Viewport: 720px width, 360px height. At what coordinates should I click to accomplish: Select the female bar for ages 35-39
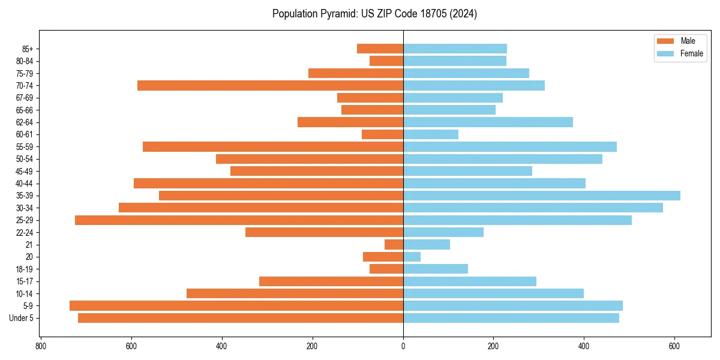coord(541,196)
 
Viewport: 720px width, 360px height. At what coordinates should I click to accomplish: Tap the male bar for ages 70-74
coord(270,86)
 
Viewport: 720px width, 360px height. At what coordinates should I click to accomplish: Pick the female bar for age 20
coord(412,257)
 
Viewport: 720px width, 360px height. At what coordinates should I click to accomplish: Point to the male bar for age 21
coord(394,245)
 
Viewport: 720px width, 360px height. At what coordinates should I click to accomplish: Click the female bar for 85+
coord(455,49)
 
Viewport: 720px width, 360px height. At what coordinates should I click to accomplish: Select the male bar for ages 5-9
coord(236,306)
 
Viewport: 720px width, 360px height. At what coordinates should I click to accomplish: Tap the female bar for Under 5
coord(511,318)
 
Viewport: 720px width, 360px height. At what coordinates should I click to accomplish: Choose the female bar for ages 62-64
coord(488,122)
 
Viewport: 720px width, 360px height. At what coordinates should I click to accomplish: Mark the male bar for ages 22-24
coord(324,232)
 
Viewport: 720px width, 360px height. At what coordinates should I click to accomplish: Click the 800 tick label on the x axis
coord(41,346)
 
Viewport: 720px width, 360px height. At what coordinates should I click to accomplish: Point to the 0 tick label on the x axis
coord(403,346)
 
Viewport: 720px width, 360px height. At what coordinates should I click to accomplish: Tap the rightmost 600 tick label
coord(674,346)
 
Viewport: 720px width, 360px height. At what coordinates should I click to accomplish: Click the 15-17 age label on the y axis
coord(25,281)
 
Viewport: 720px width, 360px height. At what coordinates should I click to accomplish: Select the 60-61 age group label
coord(25,134)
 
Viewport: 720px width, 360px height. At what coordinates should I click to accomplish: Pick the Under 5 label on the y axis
coord(22,318)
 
